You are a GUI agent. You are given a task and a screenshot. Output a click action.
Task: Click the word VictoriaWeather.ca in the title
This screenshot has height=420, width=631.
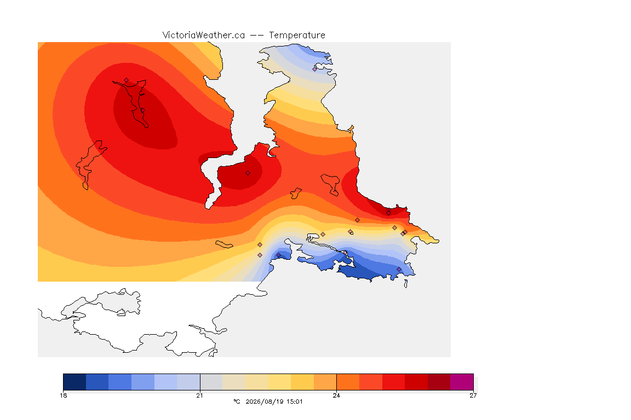coord(204,36)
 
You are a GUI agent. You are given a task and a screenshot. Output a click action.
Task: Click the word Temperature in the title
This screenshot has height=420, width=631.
coord(297,36)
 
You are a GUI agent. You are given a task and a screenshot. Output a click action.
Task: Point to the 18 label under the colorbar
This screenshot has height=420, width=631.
coord(64,395)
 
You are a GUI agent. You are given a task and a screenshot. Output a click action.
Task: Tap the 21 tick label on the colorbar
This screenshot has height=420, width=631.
coord(199,395)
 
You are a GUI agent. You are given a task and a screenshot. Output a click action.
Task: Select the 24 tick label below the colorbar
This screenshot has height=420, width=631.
coord(336,395)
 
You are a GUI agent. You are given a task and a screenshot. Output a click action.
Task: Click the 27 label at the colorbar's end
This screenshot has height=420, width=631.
coord(473,395)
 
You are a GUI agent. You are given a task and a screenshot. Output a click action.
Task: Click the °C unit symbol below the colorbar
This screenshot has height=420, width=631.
coord(237,401)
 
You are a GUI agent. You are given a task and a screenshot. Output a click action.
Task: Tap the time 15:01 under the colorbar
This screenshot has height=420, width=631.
coord(295,401)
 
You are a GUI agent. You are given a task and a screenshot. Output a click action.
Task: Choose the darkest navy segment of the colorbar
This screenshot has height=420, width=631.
coord(74,382)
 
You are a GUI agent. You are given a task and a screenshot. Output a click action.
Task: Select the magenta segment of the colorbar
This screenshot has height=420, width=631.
coord(462,382)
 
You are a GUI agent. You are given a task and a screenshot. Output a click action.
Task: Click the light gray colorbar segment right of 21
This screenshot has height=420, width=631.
coord(211,382)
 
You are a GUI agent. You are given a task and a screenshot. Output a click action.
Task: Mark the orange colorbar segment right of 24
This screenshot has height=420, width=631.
coord(348,382)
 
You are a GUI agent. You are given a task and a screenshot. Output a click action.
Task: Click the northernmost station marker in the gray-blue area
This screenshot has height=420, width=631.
coord(315,69)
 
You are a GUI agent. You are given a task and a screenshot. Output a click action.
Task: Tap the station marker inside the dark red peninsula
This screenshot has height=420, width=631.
coord(248,173)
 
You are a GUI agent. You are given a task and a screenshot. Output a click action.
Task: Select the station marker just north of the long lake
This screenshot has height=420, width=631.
coord(127,80)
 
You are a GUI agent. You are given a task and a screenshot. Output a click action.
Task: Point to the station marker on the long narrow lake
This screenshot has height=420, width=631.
coord(142,110)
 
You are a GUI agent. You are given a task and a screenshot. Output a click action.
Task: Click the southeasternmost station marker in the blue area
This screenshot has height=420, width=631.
coord(399,269)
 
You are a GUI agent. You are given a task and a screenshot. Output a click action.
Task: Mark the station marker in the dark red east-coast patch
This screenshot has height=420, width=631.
coord(388,213)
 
